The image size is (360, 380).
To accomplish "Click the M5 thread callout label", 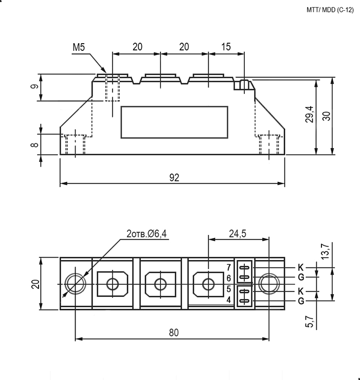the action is [79, 47].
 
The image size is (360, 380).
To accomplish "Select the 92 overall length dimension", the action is [174, 177].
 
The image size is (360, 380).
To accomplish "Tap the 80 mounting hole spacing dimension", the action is [174, 333].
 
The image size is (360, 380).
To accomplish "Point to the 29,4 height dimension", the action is [310, 114].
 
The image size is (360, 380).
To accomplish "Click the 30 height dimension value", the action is [327, 116].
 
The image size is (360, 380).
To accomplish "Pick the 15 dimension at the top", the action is [226, 46].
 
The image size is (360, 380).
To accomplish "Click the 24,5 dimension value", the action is [238, 233].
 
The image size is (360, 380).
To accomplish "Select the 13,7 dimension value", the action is [326, 251].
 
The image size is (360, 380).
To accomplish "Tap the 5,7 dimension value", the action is [310, 322].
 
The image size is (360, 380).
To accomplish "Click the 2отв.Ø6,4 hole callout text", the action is [147, 234].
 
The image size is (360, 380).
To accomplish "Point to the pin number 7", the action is [229, 267].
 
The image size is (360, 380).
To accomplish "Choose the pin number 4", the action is [229, 300].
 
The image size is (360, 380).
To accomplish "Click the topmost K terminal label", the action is [301, 267].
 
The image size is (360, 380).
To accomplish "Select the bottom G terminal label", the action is [301, 301].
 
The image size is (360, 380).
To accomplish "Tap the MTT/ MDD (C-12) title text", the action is [330, 10].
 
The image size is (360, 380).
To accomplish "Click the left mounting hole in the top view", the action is [76, 274].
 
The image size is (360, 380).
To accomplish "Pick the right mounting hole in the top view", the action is [269, 274].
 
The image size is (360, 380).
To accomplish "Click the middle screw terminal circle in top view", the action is [160, 279].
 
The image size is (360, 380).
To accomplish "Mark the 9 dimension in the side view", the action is [34, 86].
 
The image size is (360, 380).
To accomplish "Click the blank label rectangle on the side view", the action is [174, 106].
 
